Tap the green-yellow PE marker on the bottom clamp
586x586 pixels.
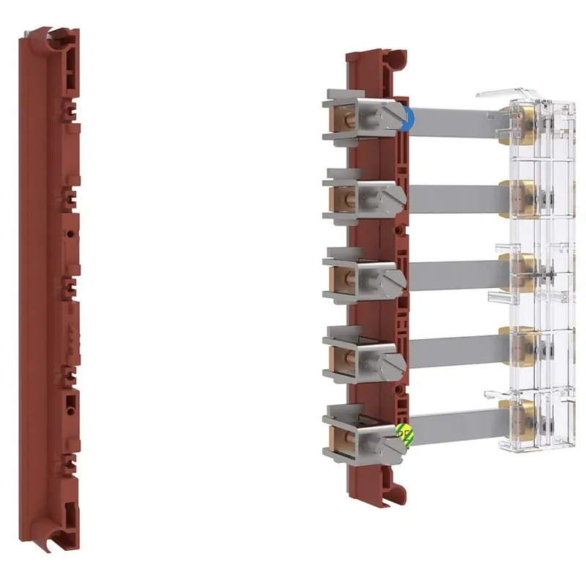coord(402,433)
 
